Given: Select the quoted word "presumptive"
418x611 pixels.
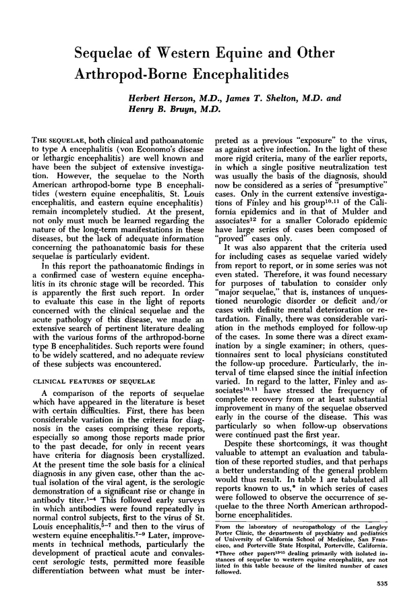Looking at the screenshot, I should (363, 181).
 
